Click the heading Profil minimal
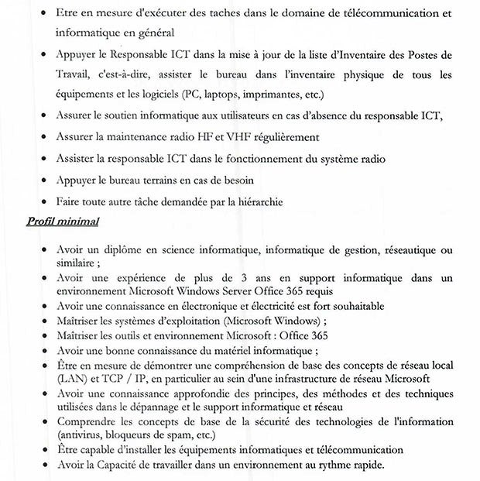pos(63,222)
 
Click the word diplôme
pos(126,250)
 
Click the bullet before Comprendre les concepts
pos(41,421)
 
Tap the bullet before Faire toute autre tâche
pos(41,201)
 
